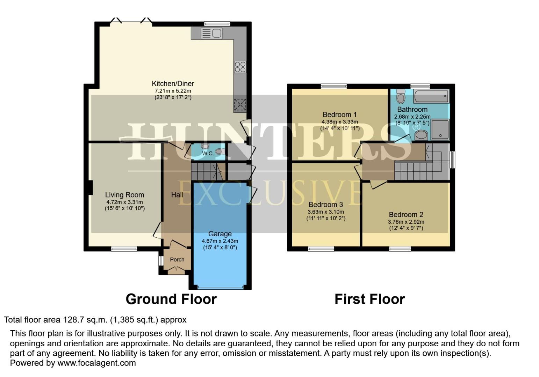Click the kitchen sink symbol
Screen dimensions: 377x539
211,34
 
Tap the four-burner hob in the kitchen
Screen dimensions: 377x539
240,67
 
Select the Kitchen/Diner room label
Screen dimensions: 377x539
173,84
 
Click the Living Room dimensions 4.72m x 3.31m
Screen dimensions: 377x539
124,202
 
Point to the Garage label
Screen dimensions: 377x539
220,234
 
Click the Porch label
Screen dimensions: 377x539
177,260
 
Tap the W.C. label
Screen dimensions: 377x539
208,154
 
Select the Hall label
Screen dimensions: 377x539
177,195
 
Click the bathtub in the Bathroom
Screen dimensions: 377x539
431,96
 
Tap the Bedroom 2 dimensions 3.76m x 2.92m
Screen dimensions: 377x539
406,222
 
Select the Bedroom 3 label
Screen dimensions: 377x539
325,205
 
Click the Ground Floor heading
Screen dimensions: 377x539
171,299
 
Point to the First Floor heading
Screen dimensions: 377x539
369,299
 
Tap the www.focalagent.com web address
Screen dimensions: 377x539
96,363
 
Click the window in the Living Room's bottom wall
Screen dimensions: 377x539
124,249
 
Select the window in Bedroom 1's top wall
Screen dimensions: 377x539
334,86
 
